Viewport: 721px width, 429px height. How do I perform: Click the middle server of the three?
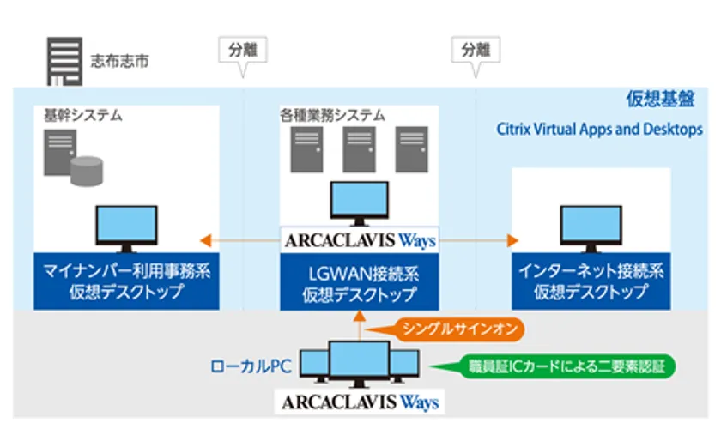click(x=359, y=150)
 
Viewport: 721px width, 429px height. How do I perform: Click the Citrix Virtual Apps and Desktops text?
click(x=600, y=130)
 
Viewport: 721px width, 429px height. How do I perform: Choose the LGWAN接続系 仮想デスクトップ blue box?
click(x=359, y=284)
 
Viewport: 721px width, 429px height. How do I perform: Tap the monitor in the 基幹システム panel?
click(x=126, y=227)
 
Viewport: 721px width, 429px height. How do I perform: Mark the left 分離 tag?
click(x=243, y=49)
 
